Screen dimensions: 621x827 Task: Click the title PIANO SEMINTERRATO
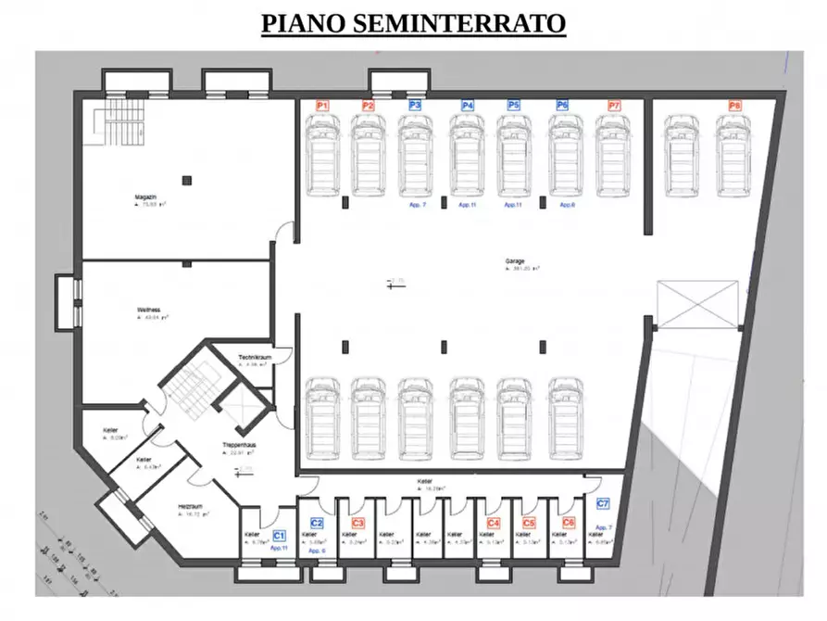[413, 23]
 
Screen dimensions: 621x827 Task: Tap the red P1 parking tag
[322, 106]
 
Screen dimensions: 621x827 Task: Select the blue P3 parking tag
[415, 106]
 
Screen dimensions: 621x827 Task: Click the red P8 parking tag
[734, 106]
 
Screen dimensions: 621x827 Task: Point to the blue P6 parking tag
[562, 106]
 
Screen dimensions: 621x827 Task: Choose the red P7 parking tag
[614, 106]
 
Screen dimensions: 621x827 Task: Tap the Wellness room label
[149, 310]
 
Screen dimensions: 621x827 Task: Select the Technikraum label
[253, 358]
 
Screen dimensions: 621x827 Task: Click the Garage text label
[515, 261]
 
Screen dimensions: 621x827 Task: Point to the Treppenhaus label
[238, 446]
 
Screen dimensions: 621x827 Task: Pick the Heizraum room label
[191, 506]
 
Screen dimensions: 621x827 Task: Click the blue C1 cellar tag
[279, 536]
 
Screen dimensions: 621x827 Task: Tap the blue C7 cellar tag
[603, 504]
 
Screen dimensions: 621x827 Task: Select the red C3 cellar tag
[357, 524]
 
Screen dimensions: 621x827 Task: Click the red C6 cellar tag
[569, 523]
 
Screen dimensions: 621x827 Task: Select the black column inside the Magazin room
[186, 180]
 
